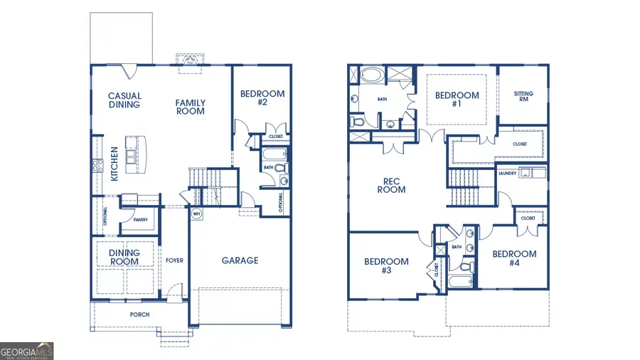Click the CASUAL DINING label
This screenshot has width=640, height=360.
pos(124,100)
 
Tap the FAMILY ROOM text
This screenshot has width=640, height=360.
pos(191,107)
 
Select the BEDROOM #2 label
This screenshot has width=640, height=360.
pos(262,97)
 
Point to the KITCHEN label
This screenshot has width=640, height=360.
pos(114,162)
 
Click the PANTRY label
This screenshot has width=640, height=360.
pos(140,220)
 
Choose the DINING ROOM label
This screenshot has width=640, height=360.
pos(124,257)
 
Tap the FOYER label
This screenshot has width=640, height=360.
pos(174,260)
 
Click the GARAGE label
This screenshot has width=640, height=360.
pos(240,260)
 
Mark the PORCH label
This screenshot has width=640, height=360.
pos(139,314)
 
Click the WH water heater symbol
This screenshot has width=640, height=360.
pos(196,213)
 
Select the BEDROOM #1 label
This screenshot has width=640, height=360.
pos(457,100)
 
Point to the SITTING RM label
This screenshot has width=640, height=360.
pos(523,97)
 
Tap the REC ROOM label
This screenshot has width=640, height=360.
pos(391,185)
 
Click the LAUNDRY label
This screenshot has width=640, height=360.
pos(507,173)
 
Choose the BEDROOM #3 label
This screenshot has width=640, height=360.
pos(386,266)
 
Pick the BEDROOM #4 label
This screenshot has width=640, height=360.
pos(514,258)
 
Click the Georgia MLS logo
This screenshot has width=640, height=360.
pos(27,350)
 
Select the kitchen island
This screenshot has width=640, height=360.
pos(132,154)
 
